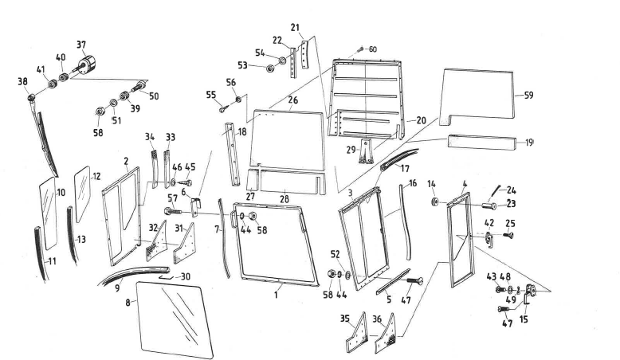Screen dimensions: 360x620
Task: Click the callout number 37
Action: (80, 44)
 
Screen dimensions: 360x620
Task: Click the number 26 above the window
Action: (292, 100)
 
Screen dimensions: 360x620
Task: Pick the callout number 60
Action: (372, 49)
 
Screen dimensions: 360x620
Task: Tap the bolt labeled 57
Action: (175, 212)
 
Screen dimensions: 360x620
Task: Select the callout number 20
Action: (422, 120)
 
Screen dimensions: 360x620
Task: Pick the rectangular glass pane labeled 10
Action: (49, 213)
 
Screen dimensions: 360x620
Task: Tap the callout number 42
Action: (489, 224)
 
